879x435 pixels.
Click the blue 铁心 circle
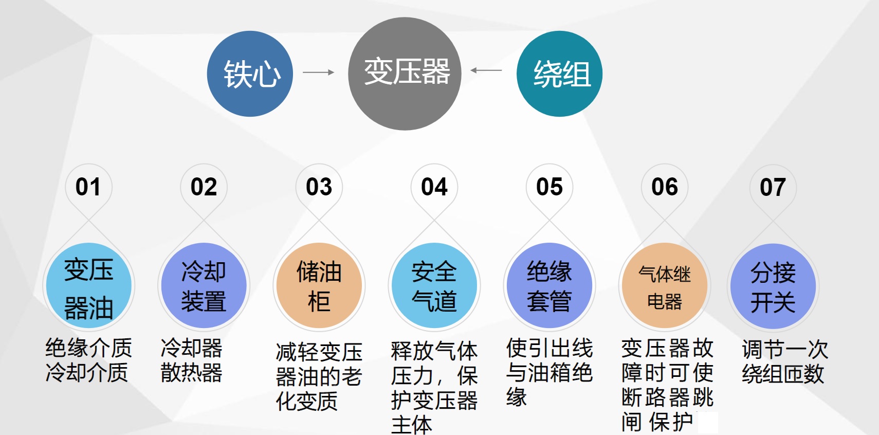pyautogui.click(x=250, y=74)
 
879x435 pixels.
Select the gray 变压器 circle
pyautogui.click(x=405, y=74)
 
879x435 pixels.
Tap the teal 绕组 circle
pyautogui.click(x=559, y=74)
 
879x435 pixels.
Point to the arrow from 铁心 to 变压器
pyautogui.click(x=318, y=72)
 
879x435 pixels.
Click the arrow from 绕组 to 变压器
pyautogui.click(x=486, y=70)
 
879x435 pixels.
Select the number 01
pyautogui.click(x=88, y=187)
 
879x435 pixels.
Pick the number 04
pyautogui.click(x=434, y=187)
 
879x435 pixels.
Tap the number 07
pyautogui.click(x=773, y=187)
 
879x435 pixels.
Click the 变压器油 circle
pyautogui.click(x=88, y=286)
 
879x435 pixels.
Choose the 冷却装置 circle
pyautogui.click(x=204, y=286)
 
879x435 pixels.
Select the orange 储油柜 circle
pyautogui.click(x=319, y=286)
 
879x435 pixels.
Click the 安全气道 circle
pyautogui.click(x=434, y=286)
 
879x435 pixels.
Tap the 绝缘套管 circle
pyautogui.click(x=550, y=286)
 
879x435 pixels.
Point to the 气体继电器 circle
pyautogui.click(x=665, y=286)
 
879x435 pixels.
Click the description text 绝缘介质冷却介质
pyautogui.click(x=88, y=360)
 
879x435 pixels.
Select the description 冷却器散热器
pyautogui.click(x=191, y=360)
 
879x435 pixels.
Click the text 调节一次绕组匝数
pyautogui.click(x=784, y=361)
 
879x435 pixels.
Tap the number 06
pyautogui.click(x=665, y=187)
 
